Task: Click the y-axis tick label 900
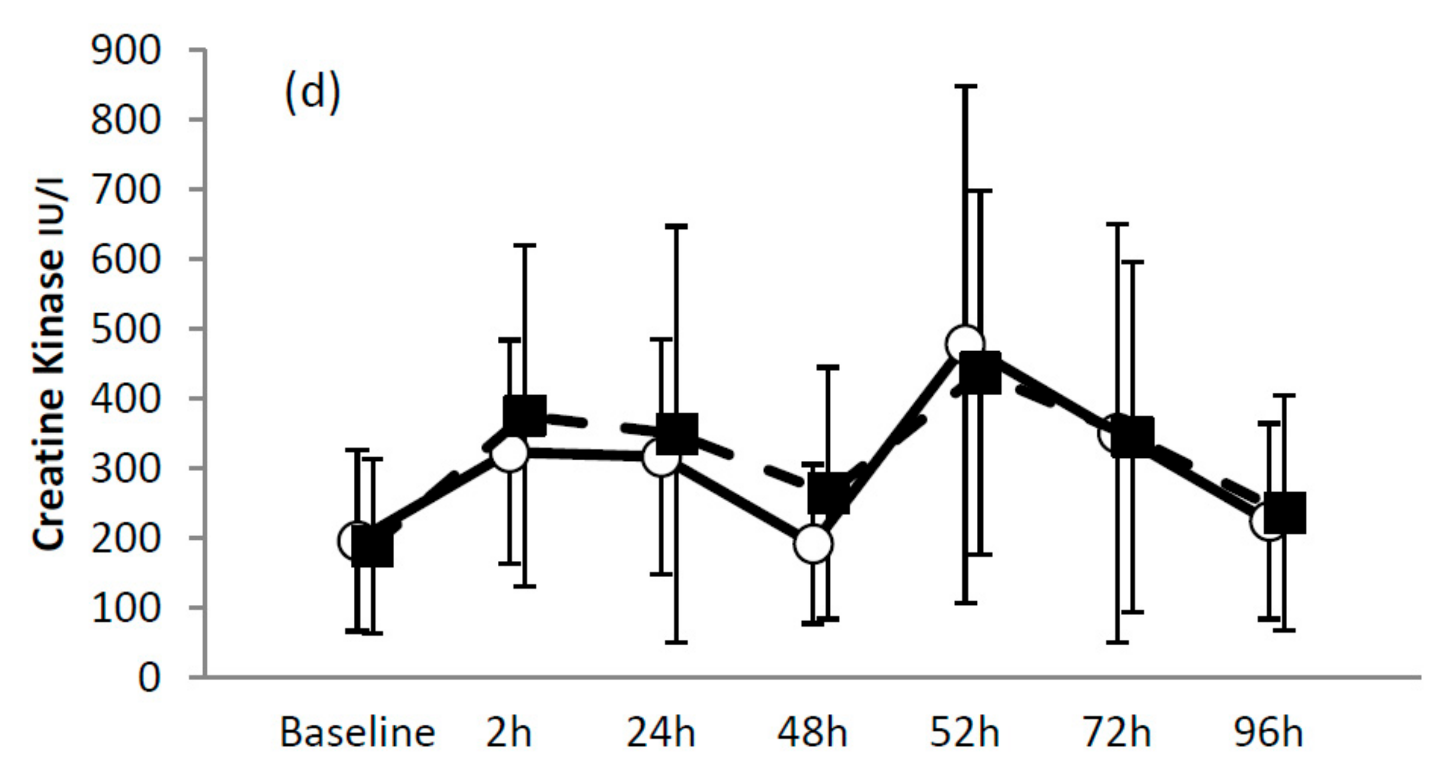coord(125,51)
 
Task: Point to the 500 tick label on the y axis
coord(125,329)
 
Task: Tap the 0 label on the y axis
coord(149,678)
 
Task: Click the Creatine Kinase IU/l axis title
coord(49,364)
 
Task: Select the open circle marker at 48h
coord(813,543)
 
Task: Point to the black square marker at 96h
coord(1285,513)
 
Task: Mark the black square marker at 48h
coord(828,492)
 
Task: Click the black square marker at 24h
coord(676,434)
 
